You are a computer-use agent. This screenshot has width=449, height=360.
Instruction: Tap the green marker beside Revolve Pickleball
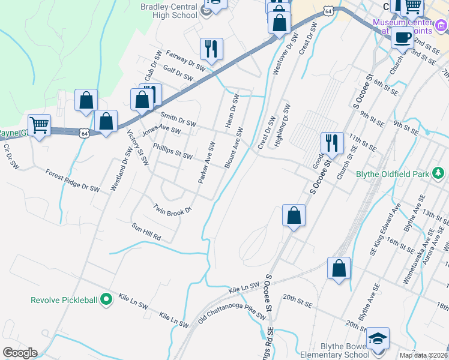tap(107, 299)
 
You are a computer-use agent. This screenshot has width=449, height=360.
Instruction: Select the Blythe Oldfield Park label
tap(392, 175)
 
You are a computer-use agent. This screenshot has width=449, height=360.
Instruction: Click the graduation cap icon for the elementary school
tap(378, 338)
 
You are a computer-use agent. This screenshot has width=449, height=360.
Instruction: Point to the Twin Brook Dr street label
tap(172, 209)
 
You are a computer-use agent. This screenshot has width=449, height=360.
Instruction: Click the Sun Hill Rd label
tap(147, 232)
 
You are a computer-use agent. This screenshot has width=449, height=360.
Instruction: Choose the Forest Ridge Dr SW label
tap(73, 180)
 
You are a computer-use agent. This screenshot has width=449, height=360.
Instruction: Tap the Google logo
tap(19, 353)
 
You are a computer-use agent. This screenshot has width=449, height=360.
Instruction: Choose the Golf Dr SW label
tap(178, 74)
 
